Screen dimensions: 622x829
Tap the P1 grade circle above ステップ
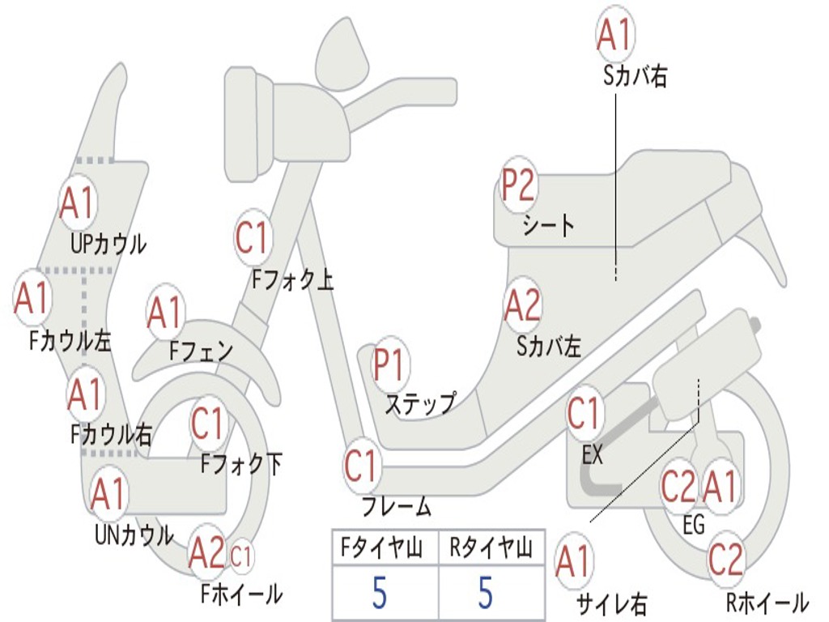tap(389, 366)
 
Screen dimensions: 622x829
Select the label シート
tap(548, 224)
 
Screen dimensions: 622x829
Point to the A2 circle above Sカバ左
tap(521, 305)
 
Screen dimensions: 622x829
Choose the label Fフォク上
tap(292, 280)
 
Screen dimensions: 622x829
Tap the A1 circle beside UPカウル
tap(78, 203)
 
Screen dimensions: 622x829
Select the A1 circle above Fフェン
tap(165, 313)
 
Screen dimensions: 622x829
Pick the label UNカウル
tap(134, 535)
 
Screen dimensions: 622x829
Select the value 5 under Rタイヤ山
tap(485, 593)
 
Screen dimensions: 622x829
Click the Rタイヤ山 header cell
tap(491, 550)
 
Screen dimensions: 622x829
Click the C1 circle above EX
tap(585, 414)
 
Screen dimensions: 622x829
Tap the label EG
tap(694, 525)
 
